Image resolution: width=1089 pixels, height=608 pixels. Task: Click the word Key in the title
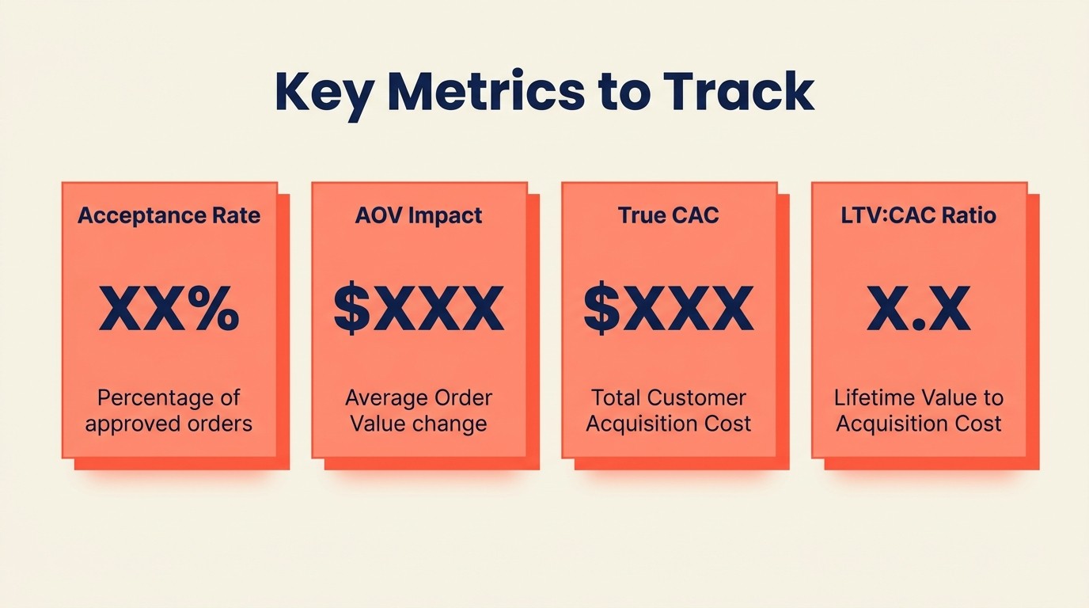point(324,93)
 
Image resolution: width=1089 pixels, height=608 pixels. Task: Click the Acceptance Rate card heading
point(169,215)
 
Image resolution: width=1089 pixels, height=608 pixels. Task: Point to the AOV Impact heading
point(419,215)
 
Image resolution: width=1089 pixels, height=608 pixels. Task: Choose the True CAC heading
point(669,215)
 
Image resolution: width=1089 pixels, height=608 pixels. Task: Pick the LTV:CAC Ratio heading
point(919,215)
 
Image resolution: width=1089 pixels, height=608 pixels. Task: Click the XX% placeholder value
point(169,309)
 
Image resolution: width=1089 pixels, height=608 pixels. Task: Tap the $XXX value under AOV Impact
point(419,309)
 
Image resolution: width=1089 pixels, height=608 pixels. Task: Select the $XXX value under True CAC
point(669,309)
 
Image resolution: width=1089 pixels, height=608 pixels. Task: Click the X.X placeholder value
point(919,309)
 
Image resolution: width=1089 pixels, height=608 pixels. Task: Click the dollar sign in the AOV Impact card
point(351,309)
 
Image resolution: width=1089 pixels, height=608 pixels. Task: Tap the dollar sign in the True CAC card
point(601,309)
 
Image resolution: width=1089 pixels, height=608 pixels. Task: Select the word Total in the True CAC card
point(616,397)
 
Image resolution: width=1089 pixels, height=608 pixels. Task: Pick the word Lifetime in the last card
point(873,397)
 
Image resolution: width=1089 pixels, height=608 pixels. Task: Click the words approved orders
point(169,424)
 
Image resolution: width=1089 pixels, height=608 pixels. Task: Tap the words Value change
point(419,424)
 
